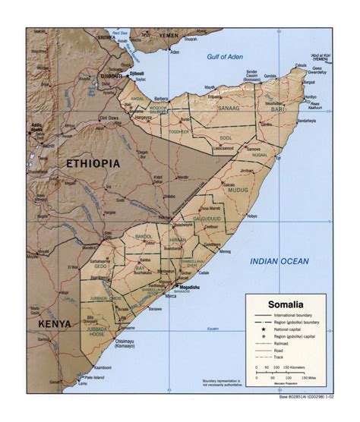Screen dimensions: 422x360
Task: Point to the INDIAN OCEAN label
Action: click(x=280, y=261)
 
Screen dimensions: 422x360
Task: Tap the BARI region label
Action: click(x=279, y=110)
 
